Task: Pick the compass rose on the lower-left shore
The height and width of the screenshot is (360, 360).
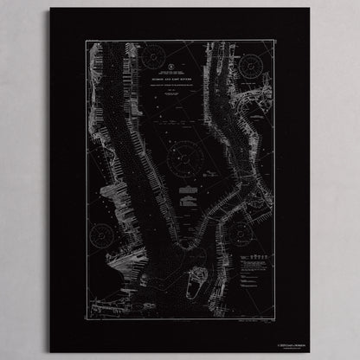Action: tap(102, 234)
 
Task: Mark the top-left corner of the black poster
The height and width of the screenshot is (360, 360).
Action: tap(50, 9)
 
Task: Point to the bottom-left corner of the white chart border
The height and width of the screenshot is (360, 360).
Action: tap(86, 317)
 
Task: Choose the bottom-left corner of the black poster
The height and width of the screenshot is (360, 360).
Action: tap(50, 352)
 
